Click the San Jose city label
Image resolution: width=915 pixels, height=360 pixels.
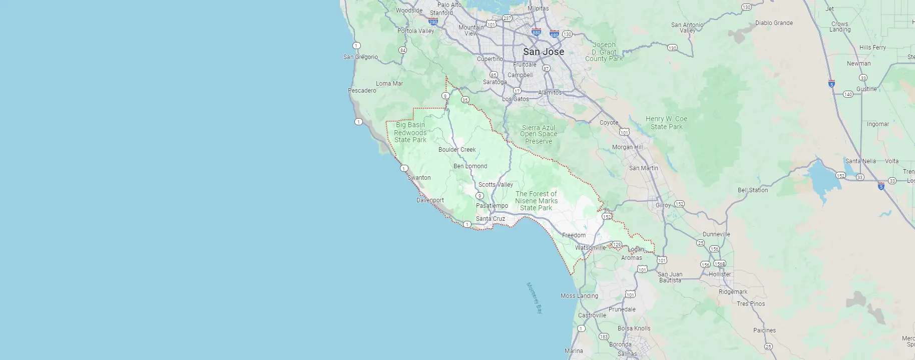click(543, 52)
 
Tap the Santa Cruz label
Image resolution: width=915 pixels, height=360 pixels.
click(490, 219)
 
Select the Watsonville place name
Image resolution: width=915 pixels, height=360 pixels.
click(590, 248)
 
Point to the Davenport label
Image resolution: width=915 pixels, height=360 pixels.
click(430, 200)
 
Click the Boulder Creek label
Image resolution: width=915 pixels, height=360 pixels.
click(457, 150)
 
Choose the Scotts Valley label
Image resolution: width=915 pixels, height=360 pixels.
click(496, 185)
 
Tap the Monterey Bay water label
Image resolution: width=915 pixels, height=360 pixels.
click(534, 298)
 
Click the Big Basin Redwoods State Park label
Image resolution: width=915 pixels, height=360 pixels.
click(410, 132)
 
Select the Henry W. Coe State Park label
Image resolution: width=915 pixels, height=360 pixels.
click(666, 123)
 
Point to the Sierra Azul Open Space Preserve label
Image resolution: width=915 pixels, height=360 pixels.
click(539, 135)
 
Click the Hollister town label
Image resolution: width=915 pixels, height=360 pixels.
click(720, 274)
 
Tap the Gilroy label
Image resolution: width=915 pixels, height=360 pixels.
click(663, 205)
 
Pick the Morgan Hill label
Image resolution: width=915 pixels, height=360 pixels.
click(627, 147)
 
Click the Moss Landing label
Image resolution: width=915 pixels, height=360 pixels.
click(579, 296)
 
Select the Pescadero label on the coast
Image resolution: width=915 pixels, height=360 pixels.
click(362, 91)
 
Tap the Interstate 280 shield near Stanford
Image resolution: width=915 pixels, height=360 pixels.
click(433, 22)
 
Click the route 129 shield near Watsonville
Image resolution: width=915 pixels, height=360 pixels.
click(617, 245)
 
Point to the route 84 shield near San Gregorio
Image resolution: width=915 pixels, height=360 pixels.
click(402, 50)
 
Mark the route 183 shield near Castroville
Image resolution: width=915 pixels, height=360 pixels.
click(604, 336)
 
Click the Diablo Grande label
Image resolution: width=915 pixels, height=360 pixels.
click(774, 23)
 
